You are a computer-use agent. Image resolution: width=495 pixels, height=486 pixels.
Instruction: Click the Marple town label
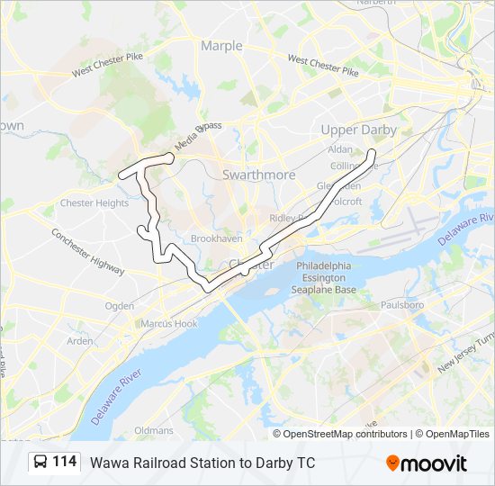221,46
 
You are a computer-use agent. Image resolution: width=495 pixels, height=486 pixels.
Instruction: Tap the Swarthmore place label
258,175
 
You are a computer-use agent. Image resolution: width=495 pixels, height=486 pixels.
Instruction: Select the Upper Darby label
358,130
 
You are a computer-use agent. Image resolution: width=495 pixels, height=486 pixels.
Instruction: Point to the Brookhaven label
212,238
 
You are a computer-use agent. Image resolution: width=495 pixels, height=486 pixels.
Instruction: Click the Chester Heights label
94,203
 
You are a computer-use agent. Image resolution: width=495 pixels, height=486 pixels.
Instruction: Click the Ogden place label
120,306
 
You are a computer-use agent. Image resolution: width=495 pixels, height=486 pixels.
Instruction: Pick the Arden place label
80,341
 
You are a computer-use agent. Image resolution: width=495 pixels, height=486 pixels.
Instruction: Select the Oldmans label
154,431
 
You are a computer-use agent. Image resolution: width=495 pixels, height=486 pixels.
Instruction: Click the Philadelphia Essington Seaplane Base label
324,278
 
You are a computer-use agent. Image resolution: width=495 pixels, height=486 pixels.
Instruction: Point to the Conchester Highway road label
86,249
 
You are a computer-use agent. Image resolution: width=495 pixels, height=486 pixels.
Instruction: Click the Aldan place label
340,148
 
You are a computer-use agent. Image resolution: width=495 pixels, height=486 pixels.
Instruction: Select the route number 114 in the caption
64,463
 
